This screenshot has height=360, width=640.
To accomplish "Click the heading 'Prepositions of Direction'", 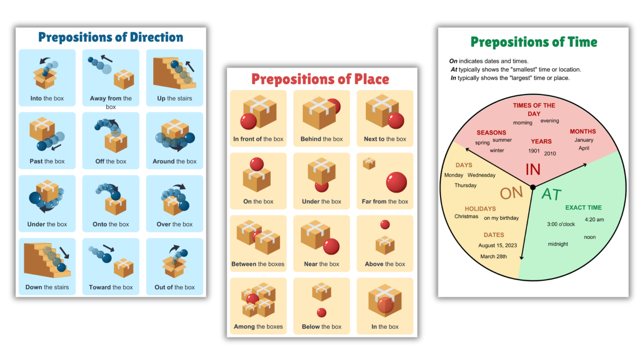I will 110,37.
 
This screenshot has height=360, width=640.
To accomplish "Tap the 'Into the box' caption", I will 47,99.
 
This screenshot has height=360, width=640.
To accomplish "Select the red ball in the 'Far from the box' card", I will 396,182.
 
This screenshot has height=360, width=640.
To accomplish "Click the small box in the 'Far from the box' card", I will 369,163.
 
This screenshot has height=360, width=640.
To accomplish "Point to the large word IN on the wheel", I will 533,170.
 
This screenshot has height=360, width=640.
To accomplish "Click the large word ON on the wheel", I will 511,193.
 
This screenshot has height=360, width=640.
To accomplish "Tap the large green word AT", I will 552,195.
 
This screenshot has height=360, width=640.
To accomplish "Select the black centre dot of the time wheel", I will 532,187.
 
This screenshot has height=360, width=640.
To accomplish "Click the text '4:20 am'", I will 594,220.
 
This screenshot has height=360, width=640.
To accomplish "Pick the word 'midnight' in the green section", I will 558,244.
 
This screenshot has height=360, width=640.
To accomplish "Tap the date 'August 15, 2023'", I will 497,245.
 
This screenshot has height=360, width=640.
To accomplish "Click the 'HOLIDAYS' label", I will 480,209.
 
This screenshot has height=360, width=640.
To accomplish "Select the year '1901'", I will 534,151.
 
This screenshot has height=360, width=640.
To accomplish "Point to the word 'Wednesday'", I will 481,175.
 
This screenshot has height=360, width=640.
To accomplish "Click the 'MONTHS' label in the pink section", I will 582,132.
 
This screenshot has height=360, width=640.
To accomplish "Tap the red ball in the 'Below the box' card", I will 322,312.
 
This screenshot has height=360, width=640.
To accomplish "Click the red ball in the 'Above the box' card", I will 385,225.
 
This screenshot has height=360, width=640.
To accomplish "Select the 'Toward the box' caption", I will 111,287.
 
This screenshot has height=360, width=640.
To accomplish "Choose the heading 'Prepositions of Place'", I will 320,79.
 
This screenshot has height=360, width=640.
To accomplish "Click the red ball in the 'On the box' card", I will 257,164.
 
